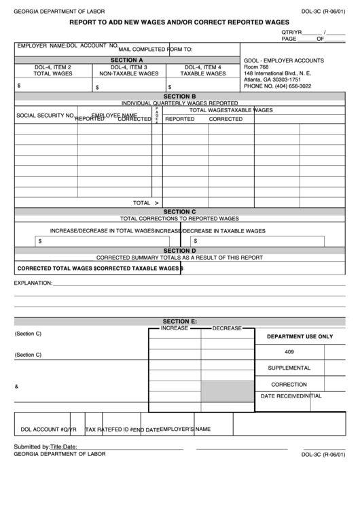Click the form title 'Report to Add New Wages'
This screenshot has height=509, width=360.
pos(179,22)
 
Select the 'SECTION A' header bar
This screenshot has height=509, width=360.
pos(127,60)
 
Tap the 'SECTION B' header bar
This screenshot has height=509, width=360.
pos(179,96)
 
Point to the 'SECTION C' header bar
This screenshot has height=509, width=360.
pos(179,211)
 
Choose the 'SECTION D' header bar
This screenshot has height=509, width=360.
pos(179,251)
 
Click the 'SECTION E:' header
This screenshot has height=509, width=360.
pos(179,321)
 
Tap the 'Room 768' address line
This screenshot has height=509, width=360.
pos(256,68)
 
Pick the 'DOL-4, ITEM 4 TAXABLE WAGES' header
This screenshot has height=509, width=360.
pos(202,71)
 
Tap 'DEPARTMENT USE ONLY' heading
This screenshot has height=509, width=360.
pos(299,336)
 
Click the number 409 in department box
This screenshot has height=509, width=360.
pos(289,351)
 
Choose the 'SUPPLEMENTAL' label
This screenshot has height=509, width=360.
pos(289,368)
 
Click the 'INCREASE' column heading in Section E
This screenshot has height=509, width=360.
pos(175,328)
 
